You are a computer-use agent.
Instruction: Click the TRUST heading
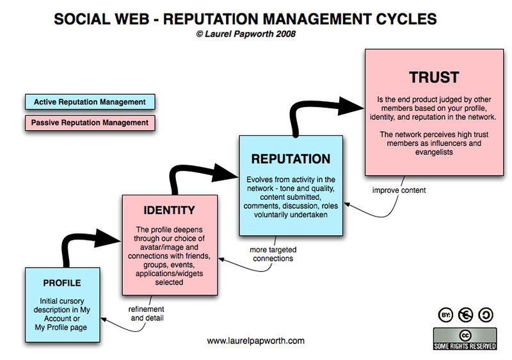pos(434,78)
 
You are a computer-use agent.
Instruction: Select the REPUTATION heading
pos(291,159)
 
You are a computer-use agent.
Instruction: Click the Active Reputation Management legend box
pos(90,102)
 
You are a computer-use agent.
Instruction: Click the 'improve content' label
pos(398,190)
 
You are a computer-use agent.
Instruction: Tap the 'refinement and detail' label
pos(147,312)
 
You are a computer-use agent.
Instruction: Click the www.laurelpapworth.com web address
pos(255,341)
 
